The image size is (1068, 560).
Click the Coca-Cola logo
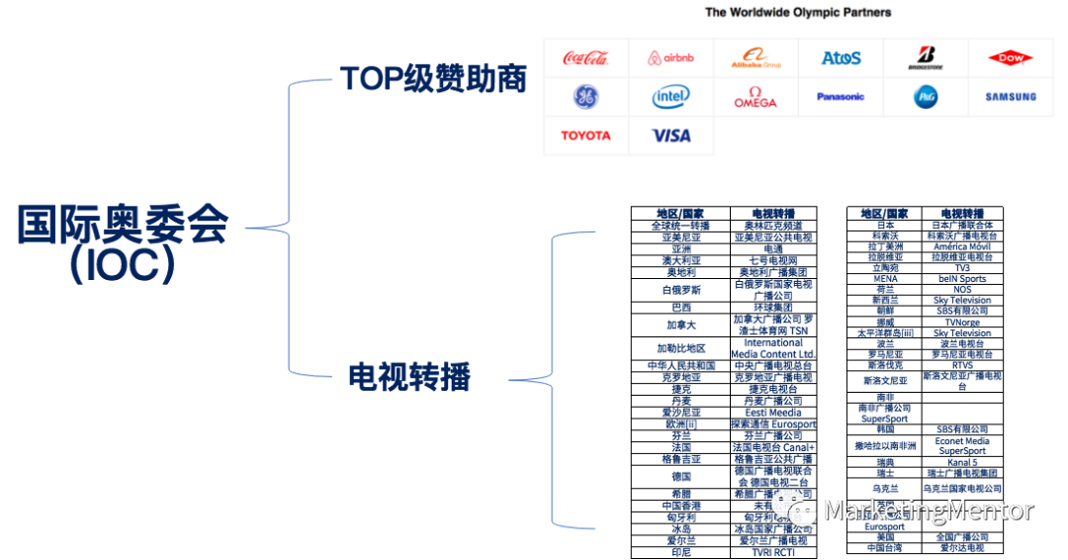(585, 58)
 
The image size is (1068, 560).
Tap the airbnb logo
(670, 58)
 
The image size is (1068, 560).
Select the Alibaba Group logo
(756, 58)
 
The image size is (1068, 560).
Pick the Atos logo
(841, 58)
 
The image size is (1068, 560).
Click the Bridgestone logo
(926, 58)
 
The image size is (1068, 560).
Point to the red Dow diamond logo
(1010, 58)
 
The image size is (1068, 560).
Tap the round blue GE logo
(585, 97)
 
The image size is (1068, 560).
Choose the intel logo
(670, 97)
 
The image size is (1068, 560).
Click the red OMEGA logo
(756, 97)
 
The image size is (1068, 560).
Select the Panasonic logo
(841, 97)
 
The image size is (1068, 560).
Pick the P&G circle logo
(926, 97)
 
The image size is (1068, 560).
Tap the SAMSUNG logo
(1010, 97)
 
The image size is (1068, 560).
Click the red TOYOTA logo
(585, 136)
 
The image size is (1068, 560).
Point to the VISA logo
(670, 136)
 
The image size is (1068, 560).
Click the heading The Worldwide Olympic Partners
(797, 13)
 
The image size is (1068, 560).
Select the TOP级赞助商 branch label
(432, 79)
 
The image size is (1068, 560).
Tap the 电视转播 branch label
(409, 376)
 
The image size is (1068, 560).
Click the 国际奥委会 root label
(122, 225)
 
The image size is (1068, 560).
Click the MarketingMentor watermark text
(928, 510)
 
